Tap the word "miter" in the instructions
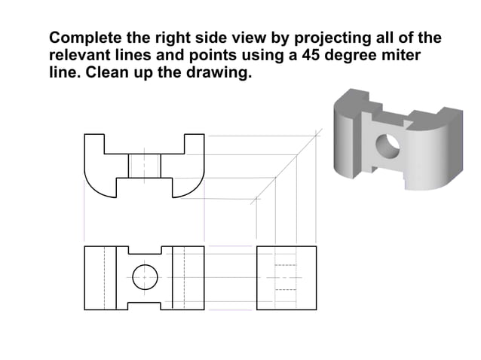point(399,56)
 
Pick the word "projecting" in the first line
point(328,38)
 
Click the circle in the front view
point(144,278)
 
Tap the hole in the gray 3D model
point(388,145)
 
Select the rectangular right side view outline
point(286,277)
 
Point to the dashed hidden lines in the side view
point(283,277)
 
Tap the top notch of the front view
point(144,251)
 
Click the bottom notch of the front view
point(144,304)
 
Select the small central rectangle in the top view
point(144,166)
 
